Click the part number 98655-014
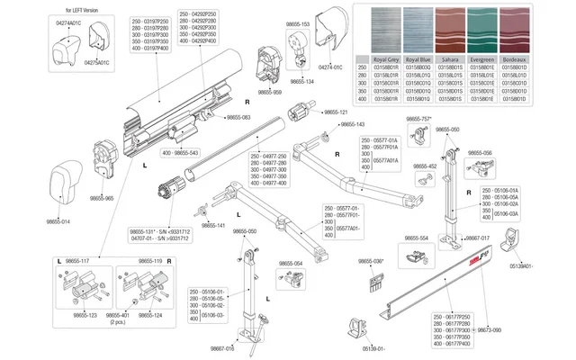[58, 221]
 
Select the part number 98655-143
[348, 124]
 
